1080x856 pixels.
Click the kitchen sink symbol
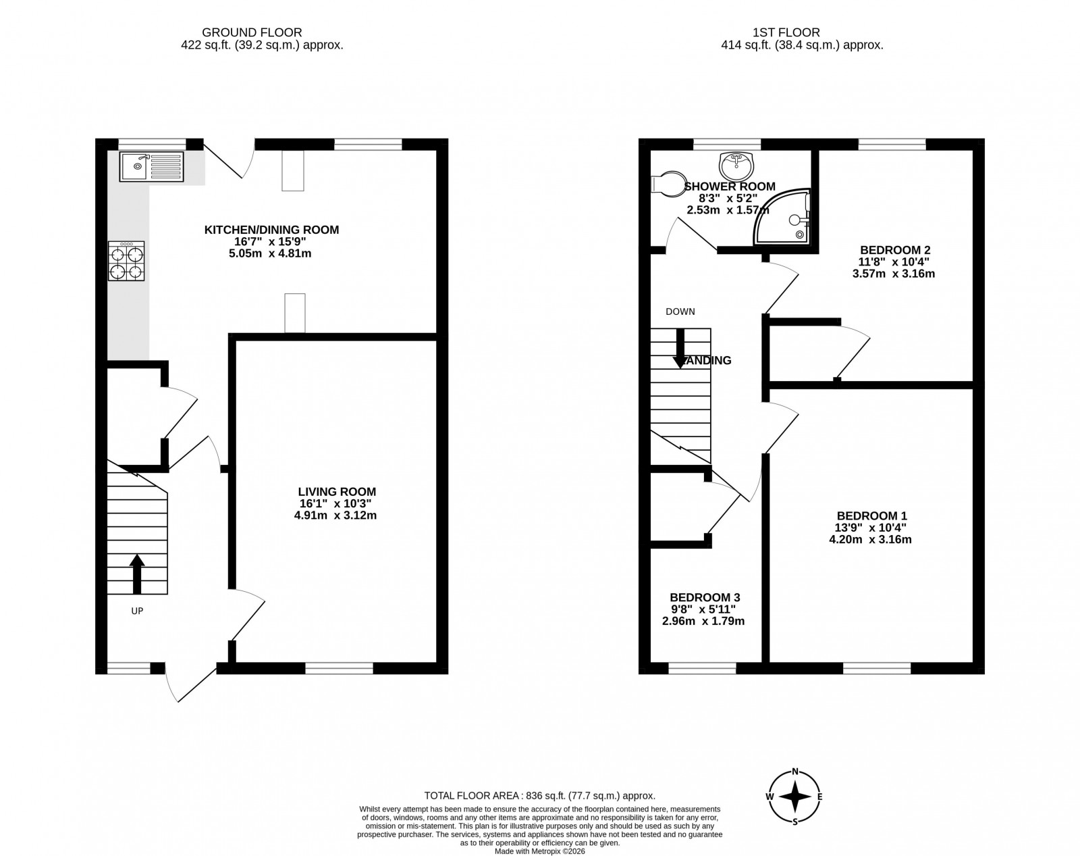tap(151, 167)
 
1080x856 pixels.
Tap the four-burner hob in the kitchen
tap(126, 261)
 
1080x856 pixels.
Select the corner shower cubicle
tap(785, 218)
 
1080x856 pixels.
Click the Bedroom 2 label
tap(893, 249)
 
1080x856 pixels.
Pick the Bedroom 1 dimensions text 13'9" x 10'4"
tap(870, 528)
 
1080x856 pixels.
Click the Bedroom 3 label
tap(705, 597)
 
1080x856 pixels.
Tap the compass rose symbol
tap(795, 797)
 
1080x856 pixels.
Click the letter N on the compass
tap(795, 772)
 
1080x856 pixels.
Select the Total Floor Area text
tap(539, 796)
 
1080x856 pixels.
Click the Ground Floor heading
tap(252, 32)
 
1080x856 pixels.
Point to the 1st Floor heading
tap(786, 32)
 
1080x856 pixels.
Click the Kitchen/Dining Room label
tap(271, 230)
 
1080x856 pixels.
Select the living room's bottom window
tap(339, 668)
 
